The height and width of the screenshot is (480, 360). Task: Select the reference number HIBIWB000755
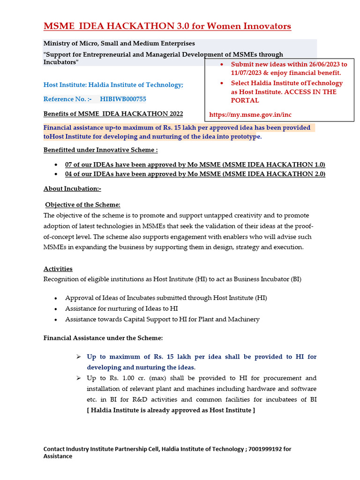tap(123, 99)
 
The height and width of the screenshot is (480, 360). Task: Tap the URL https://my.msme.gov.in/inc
tap(250, 114)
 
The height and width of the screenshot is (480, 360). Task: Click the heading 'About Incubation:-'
tap(72, 188)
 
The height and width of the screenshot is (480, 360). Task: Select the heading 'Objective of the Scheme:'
tap(83, 205)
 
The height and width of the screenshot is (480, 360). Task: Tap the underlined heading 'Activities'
tap(58, 269)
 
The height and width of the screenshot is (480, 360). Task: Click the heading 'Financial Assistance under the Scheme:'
tap(103, 337)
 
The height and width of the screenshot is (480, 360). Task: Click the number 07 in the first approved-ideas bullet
tap(69, 165)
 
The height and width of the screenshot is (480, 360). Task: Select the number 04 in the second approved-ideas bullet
tap(69, 174)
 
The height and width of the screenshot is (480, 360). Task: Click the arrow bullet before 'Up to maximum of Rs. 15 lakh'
tap(78, 357)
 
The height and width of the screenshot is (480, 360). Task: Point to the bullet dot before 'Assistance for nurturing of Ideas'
tap(56, 309)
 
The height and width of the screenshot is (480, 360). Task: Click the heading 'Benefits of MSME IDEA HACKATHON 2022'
tap(113, 114)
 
